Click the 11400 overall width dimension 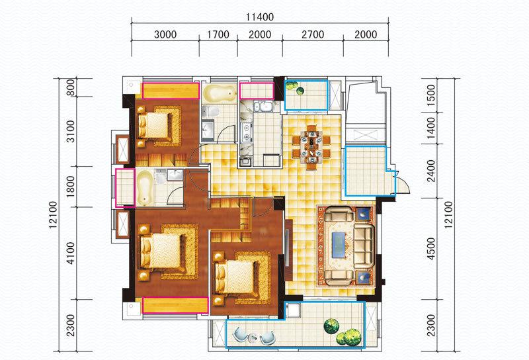260,17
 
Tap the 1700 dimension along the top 218,34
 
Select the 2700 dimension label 313,34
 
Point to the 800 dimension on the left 71,87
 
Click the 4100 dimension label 71,253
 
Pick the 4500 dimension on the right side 431,249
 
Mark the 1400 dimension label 431,128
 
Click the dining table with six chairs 311,147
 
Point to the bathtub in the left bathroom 145,187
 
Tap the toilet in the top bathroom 210,111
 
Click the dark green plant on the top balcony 300,91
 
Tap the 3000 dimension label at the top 165,34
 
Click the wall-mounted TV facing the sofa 287,249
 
